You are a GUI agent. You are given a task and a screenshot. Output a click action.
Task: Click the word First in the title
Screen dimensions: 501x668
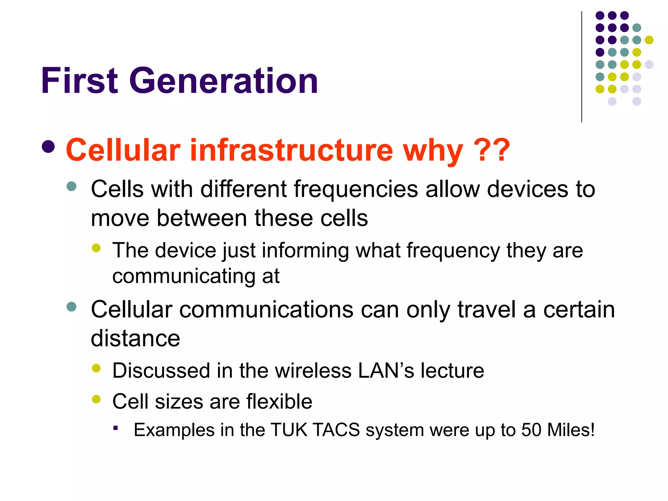pos(79,81)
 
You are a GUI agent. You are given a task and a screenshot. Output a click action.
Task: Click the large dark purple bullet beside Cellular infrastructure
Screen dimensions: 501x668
pos(48,147)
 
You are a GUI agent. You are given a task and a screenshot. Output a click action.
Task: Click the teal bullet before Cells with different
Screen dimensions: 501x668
pos(71,187)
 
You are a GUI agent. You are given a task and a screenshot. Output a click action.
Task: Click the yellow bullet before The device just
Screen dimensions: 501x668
pos(96,248)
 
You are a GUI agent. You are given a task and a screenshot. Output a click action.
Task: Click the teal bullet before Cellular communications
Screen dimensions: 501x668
pos(71,307)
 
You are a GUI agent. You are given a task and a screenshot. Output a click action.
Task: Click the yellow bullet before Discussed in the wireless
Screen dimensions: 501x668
pos(96,369)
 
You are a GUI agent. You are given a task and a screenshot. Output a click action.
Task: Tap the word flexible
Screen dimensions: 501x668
pos(279,402)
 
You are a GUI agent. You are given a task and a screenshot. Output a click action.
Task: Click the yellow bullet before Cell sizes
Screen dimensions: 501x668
pos(96,399)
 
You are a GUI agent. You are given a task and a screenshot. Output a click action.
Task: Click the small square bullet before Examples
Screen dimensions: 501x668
pos(115,428)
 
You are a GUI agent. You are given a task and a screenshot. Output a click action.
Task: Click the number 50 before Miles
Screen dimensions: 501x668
pos(531,430)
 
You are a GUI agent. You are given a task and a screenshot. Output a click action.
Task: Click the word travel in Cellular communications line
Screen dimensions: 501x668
pos(486,310)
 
